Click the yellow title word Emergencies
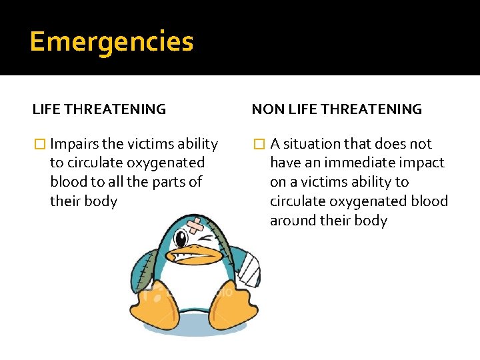pyautogui.click(x=111, y=42)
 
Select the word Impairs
pyautogui.click(x=75, y=144)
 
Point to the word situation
pyautogui.click(x=311, y=144)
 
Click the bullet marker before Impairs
pyautogui.click(x=40, y=144)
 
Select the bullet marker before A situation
pyautogui.click(x=259, y=144)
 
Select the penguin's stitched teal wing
pyautogui.click(x=147, y=270)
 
